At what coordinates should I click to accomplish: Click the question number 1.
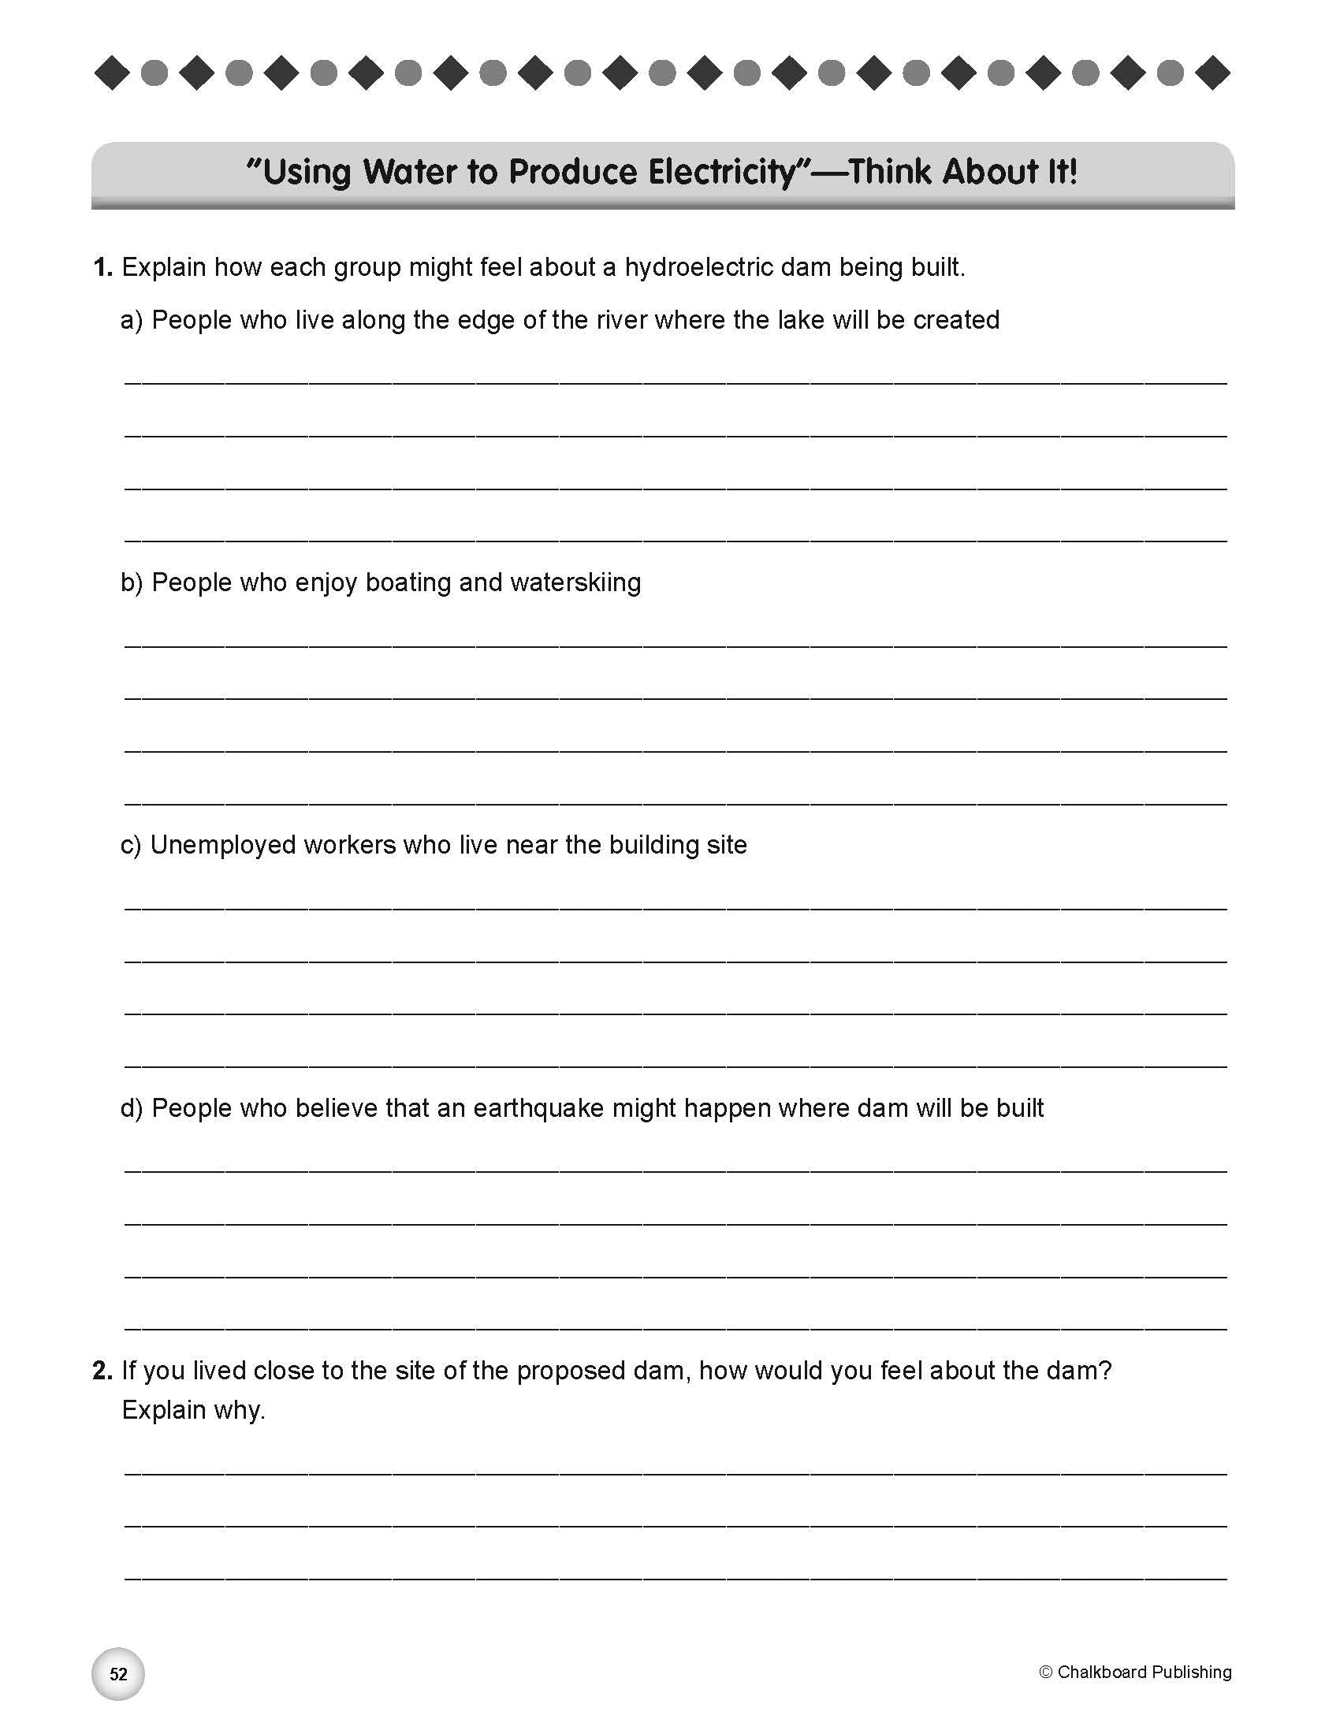pos(102,267)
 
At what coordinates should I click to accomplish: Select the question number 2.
pos(102,1371)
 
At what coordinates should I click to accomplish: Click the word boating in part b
pos(408,582)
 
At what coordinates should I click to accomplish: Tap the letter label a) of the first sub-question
pos(132,320)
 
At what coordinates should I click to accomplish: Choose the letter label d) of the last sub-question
pos(132,1108)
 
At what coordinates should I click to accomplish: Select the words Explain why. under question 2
pos(193,1410)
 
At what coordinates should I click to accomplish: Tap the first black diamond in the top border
pos(112,73)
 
